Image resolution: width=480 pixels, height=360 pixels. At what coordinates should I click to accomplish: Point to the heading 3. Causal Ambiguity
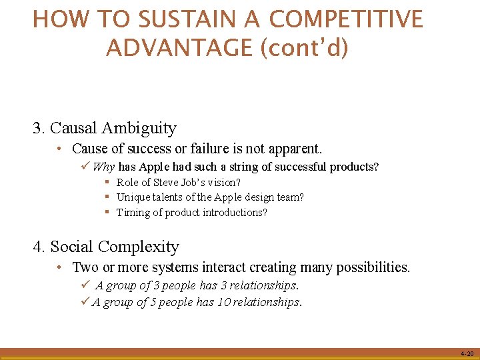(105, 128)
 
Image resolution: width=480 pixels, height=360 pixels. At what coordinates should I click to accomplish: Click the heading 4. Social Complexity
(106, 247)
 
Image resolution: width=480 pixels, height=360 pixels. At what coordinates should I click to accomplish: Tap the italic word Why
(104, 167)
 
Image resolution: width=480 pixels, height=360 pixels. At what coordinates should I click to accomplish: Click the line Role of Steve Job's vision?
(178, 182)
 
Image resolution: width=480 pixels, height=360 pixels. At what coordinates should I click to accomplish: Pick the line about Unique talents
(210, 197)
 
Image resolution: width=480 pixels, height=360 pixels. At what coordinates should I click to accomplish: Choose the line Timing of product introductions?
(191, 213)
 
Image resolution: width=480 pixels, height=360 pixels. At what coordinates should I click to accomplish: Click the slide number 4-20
(466, 354)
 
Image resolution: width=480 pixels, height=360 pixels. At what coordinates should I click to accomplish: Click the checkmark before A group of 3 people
(85, 285)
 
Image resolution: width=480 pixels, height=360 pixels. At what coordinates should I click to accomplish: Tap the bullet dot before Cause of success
(60, 149)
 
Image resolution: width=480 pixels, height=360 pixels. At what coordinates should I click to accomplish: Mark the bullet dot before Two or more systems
(60, 267)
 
